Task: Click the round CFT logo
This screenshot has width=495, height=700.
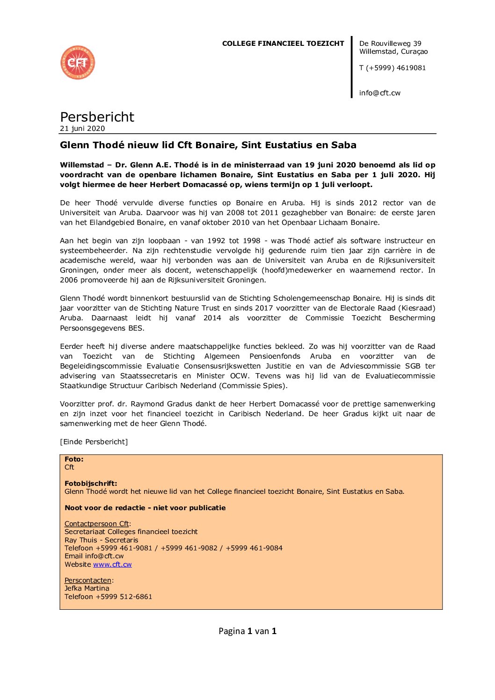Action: (x=78, y=63)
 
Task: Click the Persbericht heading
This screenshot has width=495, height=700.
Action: (x=97, y=117)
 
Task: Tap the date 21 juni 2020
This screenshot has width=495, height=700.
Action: (x=82, y=129)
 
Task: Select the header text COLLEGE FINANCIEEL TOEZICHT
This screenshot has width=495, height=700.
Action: (x=283, y=43)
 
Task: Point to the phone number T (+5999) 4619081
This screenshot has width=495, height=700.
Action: (x=393, y=68)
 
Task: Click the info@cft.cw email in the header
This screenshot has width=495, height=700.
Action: (x=380, y=93)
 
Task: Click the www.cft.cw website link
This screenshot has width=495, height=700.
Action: (x=112, y=564)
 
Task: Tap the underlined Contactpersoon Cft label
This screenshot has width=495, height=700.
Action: (x=96, y=524)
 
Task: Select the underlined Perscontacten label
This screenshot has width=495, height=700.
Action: (x=88, y=580)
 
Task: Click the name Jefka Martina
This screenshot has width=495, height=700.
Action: (x=87, y=588)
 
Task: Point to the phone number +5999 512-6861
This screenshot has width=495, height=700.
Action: (x=124, y=597)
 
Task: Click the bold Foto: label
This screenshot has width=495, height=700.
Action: (x=74, y=459)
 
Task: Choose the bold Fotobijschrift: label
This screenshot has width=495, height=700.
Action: (x=91, y=484)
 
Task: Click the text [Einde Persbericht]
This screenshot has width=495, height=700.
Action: (x=94, y=442)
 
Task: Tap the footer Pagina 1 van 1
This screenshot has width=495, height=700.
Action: (x=247, y=631)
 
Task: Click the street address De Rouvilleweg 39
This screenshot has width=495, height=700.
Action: (x=390, y=43)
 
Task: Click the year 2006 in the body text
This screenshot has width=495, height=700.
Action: (x=69, y=280)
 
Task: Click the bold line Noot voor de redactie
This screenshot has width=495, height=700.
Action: (x=145, y=508)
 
